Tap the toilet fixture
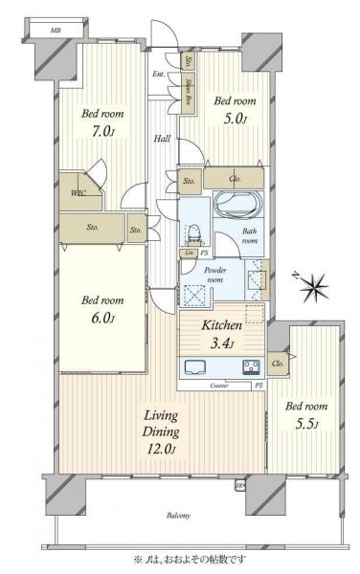(192, 232)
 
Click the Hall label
(162, 138)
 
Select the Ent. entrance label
(157, 76)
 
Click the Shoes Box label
(200, 92)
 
